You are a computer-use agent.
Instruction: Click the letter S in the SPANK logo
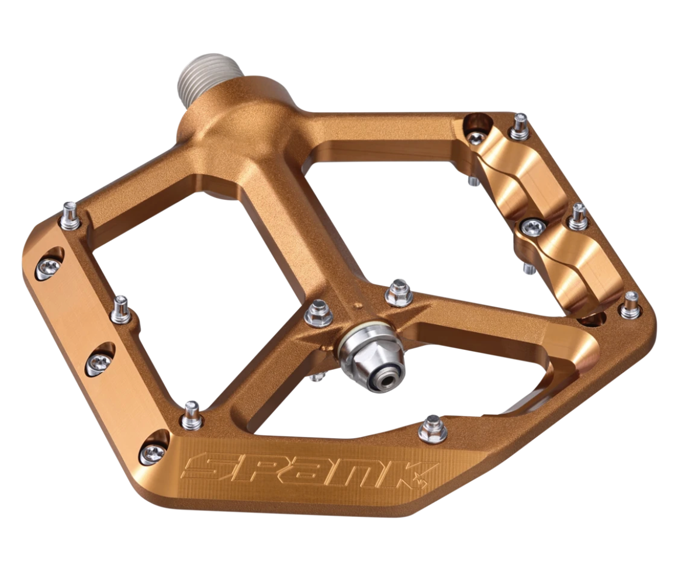pyautogui.click(x=208, y=467)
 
